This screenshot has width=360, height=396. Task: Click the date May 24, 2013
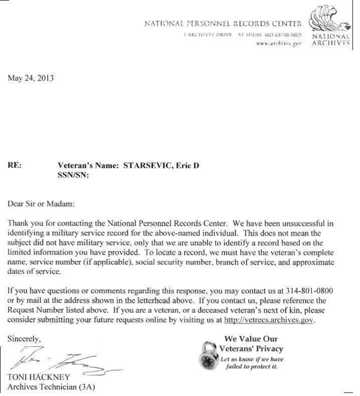[x=30, y=78]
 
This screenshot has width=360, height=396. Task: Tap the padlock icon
[x=209, y=354]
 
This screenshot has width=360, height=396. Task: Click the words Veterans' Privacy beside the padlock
[x=252, y=348]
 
